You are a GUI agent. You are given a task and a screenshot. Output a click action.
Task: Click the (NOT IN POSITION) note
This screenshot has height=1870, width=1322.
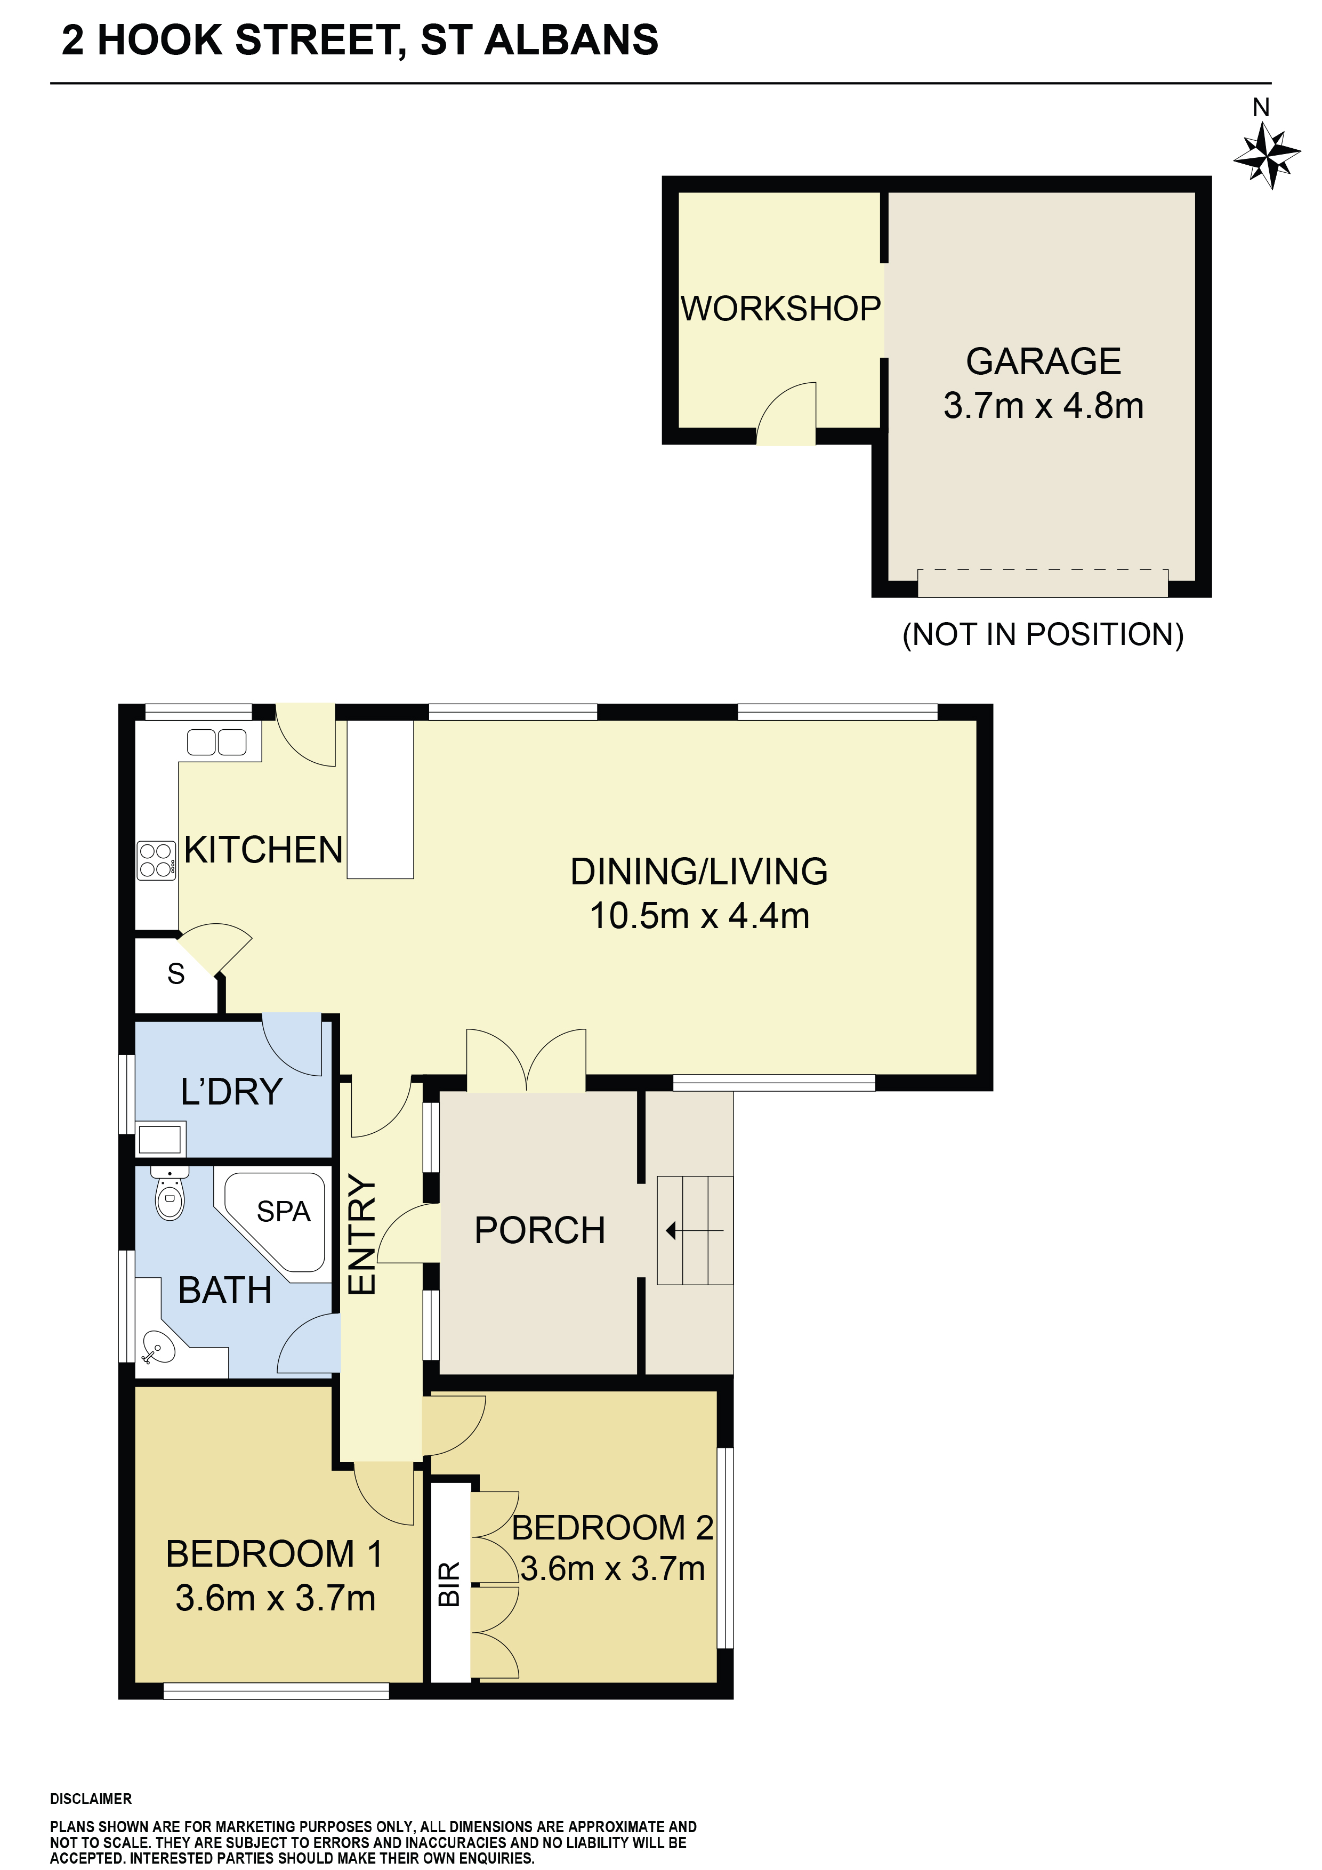click(1043, 634)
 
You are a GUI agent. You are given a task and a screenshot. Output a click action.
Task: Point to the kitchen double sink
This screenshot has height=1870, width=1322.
click(216, 742)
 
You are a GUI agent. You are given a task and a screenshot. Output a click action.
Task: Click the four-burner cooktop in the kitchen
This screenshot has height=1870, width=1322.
click(156, 860)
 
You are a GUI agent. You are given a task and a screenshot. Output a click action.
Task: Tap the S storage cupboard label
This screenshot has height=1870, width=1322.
click(176, 973)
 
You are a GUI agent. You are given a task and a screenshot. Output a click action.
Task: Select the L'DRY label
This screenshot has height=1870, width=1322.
click(231, 1091)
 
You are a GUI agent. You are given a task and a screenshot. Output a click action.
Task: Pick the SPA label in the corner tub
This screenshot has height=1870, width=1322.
click(284, 1211)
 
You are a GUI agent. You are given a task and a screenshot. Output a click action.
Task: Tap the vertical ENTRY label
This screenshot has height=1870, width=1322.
click(361, 1234)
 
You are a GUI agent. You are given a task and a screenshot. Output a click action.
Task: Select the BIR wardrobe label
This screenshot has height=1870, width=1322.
click(449, 1584)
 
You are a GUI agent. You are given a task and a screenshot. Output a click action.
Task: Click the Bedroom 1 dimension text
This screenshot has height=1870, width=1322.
click(275, 1598)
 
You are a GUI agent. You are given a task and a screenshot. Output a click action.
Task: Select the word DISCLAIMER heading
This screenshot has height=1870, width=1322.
click(91, 1799)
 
